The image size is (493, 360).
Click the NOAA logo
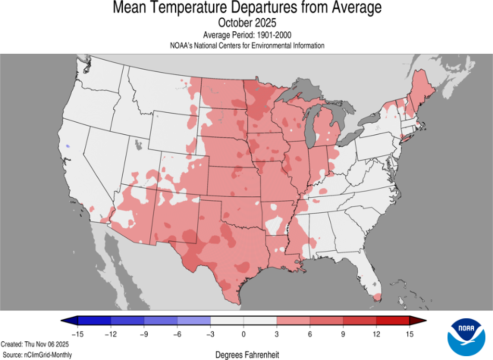click(466, 336)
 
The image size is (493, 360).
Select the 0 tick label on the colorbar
click(244, 334)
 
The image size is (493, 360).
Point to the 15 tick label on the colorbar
click(409, 334)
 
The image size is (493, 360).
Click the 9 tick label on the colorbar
click(343, 334)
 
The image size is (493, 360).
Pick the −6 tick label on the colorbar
click(176, 334)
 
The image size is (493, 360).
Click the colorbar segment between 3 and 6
click(293, 321)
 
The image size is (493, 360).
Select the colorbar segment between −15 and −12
click(94, 321)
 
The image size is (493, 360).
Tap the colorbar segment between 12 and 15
click(392, 321)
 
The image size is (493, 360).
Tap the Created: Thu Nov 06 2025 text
click(35, 345)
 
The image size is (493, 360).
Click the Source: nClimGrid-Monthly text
click(36, 355)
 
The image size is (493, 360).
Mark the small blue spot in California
click(68, 145)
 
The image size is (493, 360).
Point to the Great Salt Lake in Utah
click(139, 143)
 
